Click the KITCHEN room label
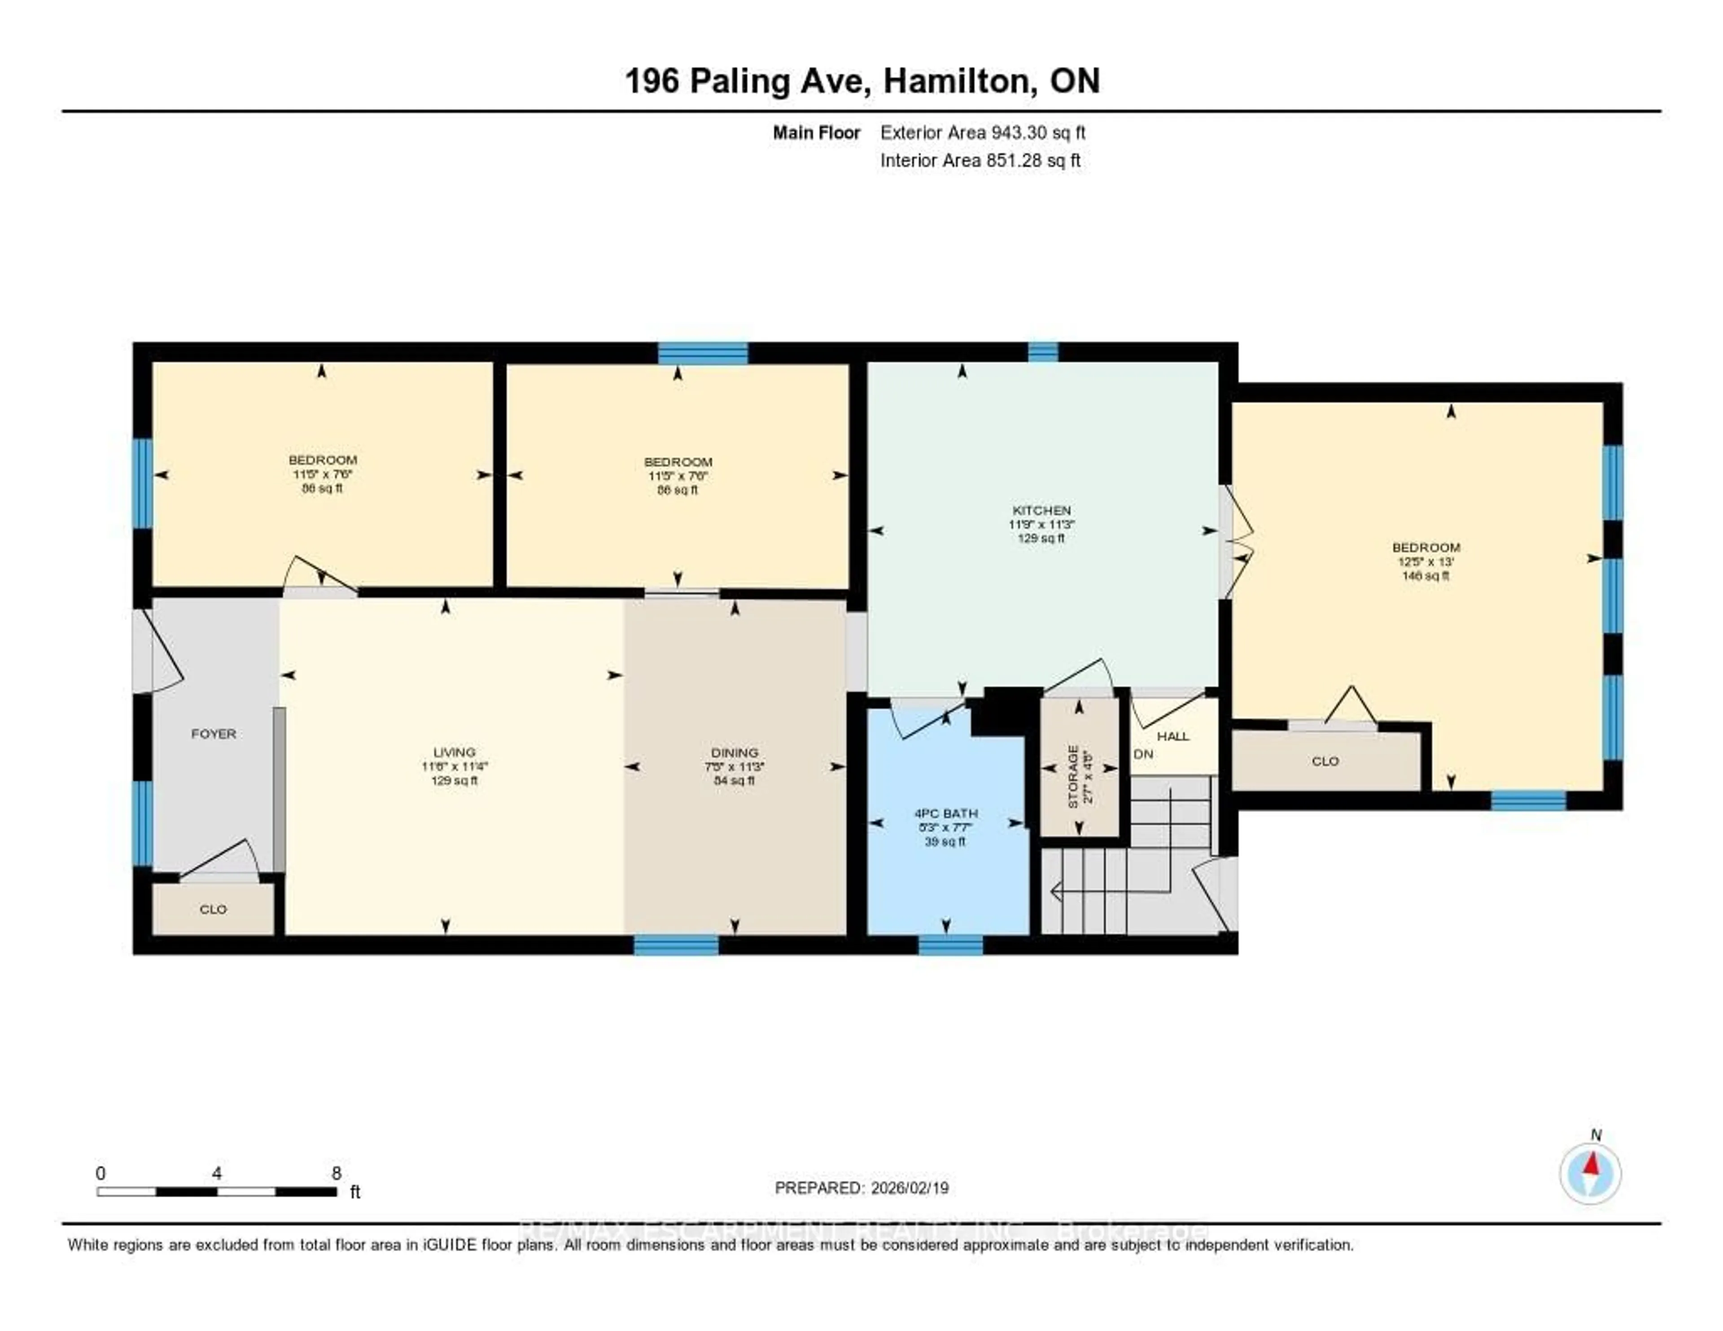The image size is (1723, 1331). (1041, 511)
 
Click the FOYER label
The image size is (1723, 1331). (213, 734)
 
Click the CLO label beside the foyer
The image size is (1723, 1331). (213, 909)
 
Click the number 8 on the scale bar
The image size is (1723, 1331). (336, 1173)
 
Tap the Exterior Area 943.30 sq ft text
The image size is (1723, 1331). (982, 132)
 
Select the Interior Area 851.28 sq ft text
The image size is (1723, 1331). (980, 160)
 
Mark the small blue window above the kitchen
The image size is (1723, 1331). (1042, 352)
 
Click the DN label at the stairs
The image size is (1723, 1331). (1143, 754)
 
